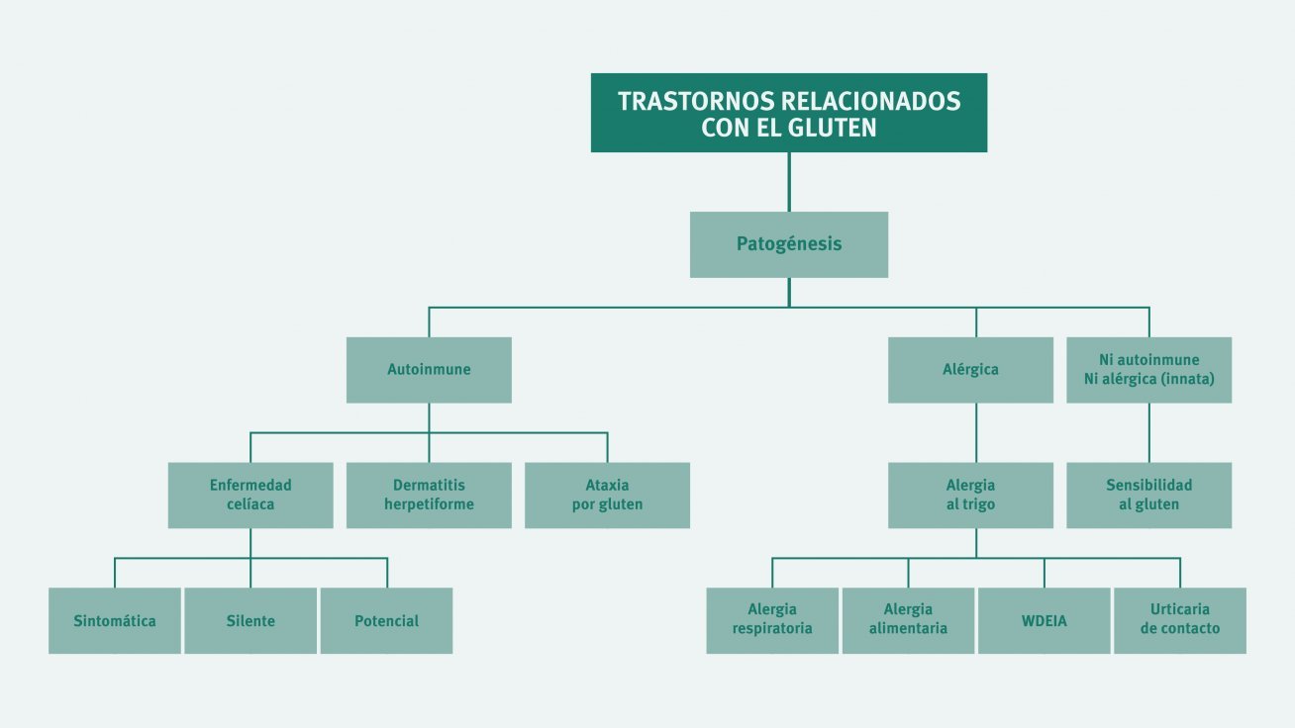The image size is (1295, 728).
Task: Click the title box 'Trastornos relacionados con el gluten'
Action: coord(788,113)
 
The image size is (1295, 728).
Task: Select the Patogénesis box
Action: coord(788,244)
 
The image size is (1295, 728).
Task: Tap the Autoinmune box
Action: coord(429,370)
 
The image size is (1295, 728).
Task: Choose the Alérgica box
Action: coord(970,370)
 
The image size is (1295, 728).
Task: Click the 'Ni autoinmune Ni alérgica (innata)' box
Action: coord(1148,370)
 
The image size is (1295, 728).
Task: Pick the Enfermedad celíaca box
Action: coord(250,496)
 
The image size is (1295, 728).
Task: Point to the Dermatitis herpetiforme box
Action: coord(429,496)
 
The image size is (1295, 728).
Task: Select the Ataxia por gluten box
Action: coord(607,496)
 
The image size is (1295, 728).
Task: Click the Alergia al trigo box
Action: coord(970,496)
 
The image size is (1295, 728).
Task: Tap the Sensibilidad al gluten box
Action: coord(1148,496)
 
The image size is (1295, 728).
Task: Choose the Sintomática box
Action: coord(115,620)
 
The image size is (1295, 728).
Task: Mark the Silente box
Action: coord(250,620)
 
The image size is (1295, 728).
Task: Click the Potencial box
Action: coord(387,620)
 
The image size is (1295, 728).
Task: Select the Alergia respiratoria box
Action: coord(772,620)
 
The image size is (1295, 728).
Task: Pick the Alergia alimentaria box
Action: coord(908,620)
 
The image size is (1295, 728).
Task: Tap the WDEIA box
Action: coord(1045,620)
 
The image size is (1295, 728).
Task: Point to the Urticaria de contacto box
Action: coord(1180,620)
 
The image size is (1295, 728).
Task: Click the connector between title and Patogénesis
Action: coord(789,182)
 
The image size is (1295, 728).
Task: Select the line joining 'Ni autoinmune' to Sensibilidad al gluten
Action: coord(1148,433)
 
